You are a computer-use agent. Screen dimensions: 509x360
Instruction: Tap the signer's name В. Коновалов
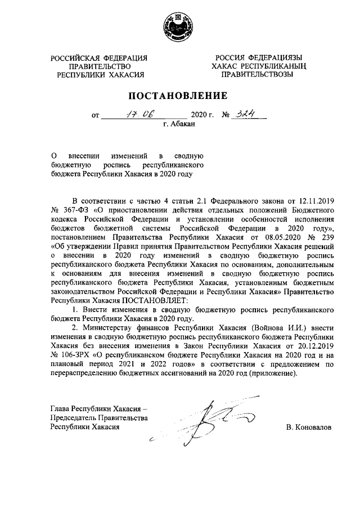308,427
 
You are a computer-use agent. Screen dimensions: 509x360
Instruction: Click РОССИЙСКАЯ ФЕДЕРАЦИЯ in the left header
99,58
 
